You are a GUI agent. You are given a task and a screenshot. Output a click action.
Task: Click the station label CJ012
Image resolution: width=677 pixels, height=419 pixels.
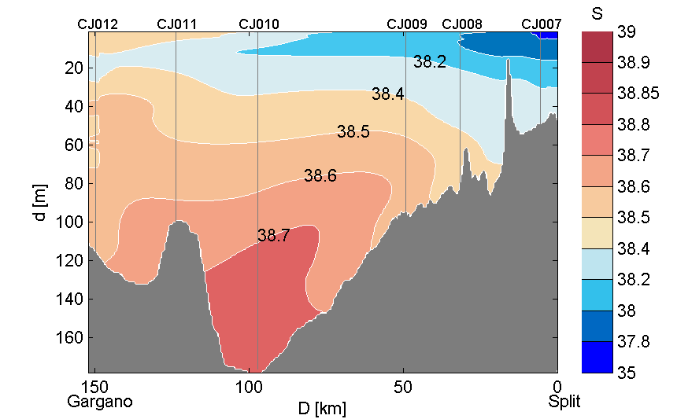point(98,24)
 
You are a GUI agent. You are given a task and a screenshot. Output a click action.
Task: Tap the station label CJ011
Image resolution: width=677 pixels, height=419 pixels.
point(177,24)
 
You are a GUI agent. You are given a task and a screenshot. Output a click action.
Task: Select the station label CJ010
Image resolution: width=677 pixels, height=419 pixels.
point(258,24)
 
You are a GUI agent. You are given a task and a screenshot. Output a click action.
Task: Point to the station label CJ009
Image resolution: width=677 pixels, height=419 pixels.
point(407,24)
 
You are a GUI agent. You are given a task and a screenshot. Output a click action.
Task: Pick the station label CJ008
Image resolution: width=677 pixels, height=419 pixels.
point(462,24)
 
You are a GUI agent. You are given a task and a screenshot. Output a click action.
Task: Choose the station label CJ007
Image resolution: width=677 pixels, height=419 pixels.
point(542,24)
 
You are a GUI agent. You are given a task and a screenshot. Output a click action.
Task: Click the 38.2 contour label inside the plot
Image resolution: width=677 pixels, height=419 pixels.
point(430,62)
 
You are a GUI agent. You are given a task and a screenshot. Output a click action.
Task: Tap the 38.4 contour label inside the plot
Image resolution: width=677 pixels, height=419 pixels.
point(388,94)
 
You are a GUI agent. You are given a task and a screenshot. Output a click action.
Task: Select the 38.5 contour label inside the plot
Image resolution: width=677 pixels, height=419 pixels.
point(353,132)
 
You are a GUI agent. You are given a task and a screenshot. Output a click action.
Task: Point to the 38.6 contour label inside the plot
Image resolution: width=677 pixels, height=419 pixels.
point(320,176)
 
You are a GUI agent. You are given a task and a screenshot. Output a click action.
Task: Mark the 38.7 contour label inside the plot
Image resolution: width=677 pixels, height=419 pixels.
point(274,235)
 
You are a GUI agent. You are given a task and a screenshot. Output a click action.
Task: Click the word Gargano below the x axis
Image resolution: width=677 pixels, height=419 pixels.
point(100,402)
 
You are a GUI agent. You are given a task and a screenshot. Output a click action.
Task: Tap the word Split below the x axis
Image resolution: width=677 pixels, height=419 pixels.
point(564,402)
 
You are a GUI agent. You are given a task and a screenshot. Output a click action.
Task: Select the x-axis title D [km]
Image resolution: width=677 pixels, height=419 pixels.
point(321,409)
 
